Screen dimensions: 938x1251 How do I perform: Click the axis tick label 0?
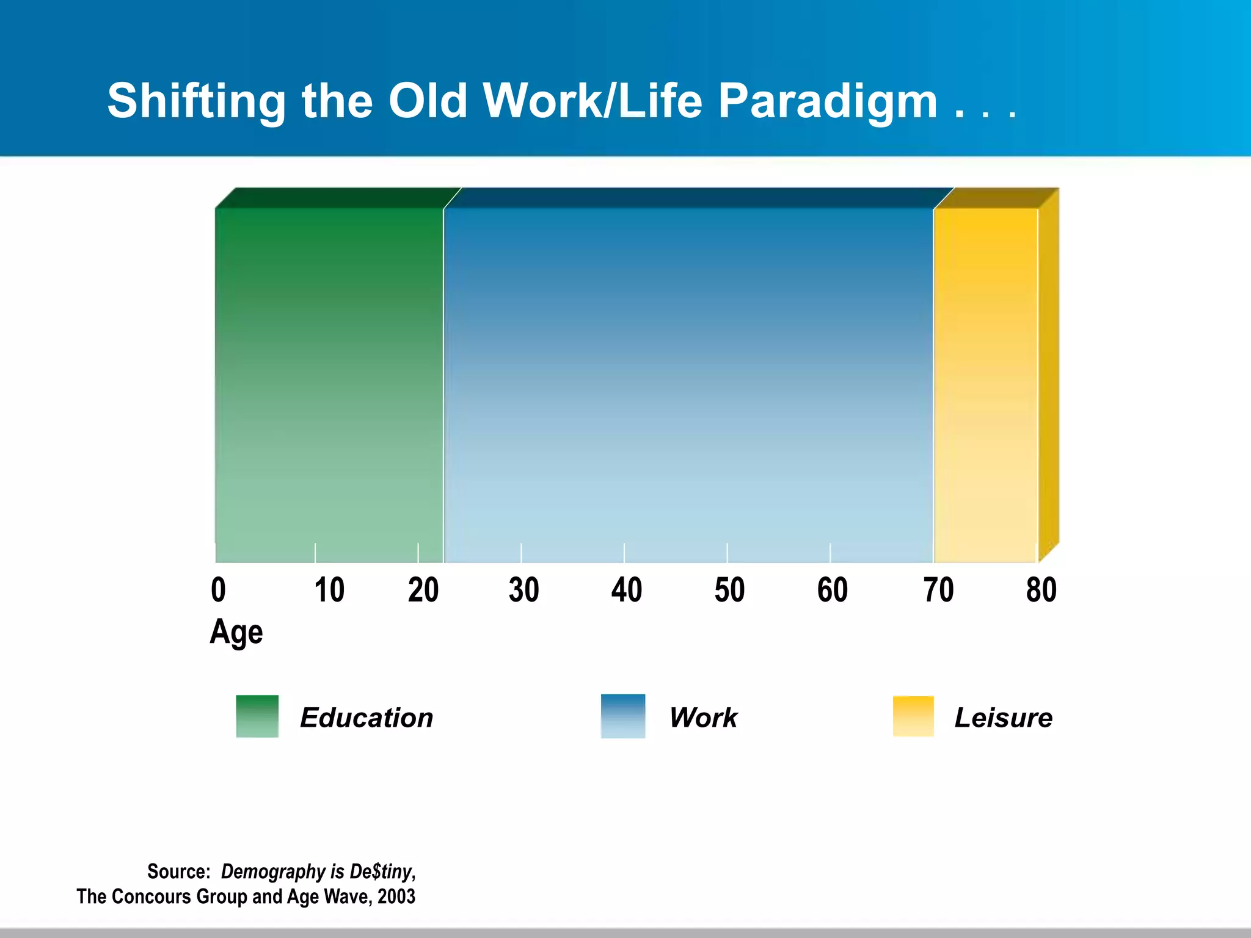click(x=218, y=590)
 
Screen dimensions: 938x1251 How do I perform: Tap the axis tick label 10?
click(x=329, y=590)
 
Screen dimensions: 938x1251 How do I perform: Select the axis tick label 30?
click(x=523, y=590)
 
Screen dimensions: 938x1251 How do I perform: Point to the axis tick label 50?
click(x=729, y=590)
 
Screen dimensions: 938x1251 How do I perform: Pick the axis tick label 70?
click(x=938, y=590)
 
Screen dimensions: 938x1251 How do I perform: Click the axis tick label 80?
click(x=1041, y=590)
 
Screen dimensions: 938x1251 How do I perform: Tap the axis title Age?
click(x=236, y=632)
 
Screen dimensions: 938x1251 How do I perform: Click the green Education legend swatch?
click(x=257, y=716)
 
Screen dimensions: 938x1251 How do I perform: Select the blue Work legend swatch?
click(x=622, y=716)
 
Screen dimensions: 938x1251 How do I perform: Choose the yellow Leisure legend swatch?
click(x=913, y=716)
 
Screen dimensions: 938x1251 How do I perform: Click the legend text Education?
click(x=367, y=718)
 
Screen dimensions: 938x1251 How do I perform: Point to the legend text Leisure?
click(x=1003, y=718)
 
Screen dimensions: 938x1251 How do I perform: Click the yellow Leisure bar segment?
click(x=985, y=385)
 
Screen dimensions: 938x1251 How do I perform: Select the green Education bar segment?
click(x=329, y=385)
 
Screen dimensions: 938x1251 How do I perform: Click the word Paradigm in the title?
click(x=827, y=102)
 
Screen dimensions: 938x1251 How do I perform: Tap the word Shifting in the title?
click(x=196, y=102)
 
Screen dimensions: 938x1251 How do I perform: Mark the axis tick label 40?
click(x=626, y=590)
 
